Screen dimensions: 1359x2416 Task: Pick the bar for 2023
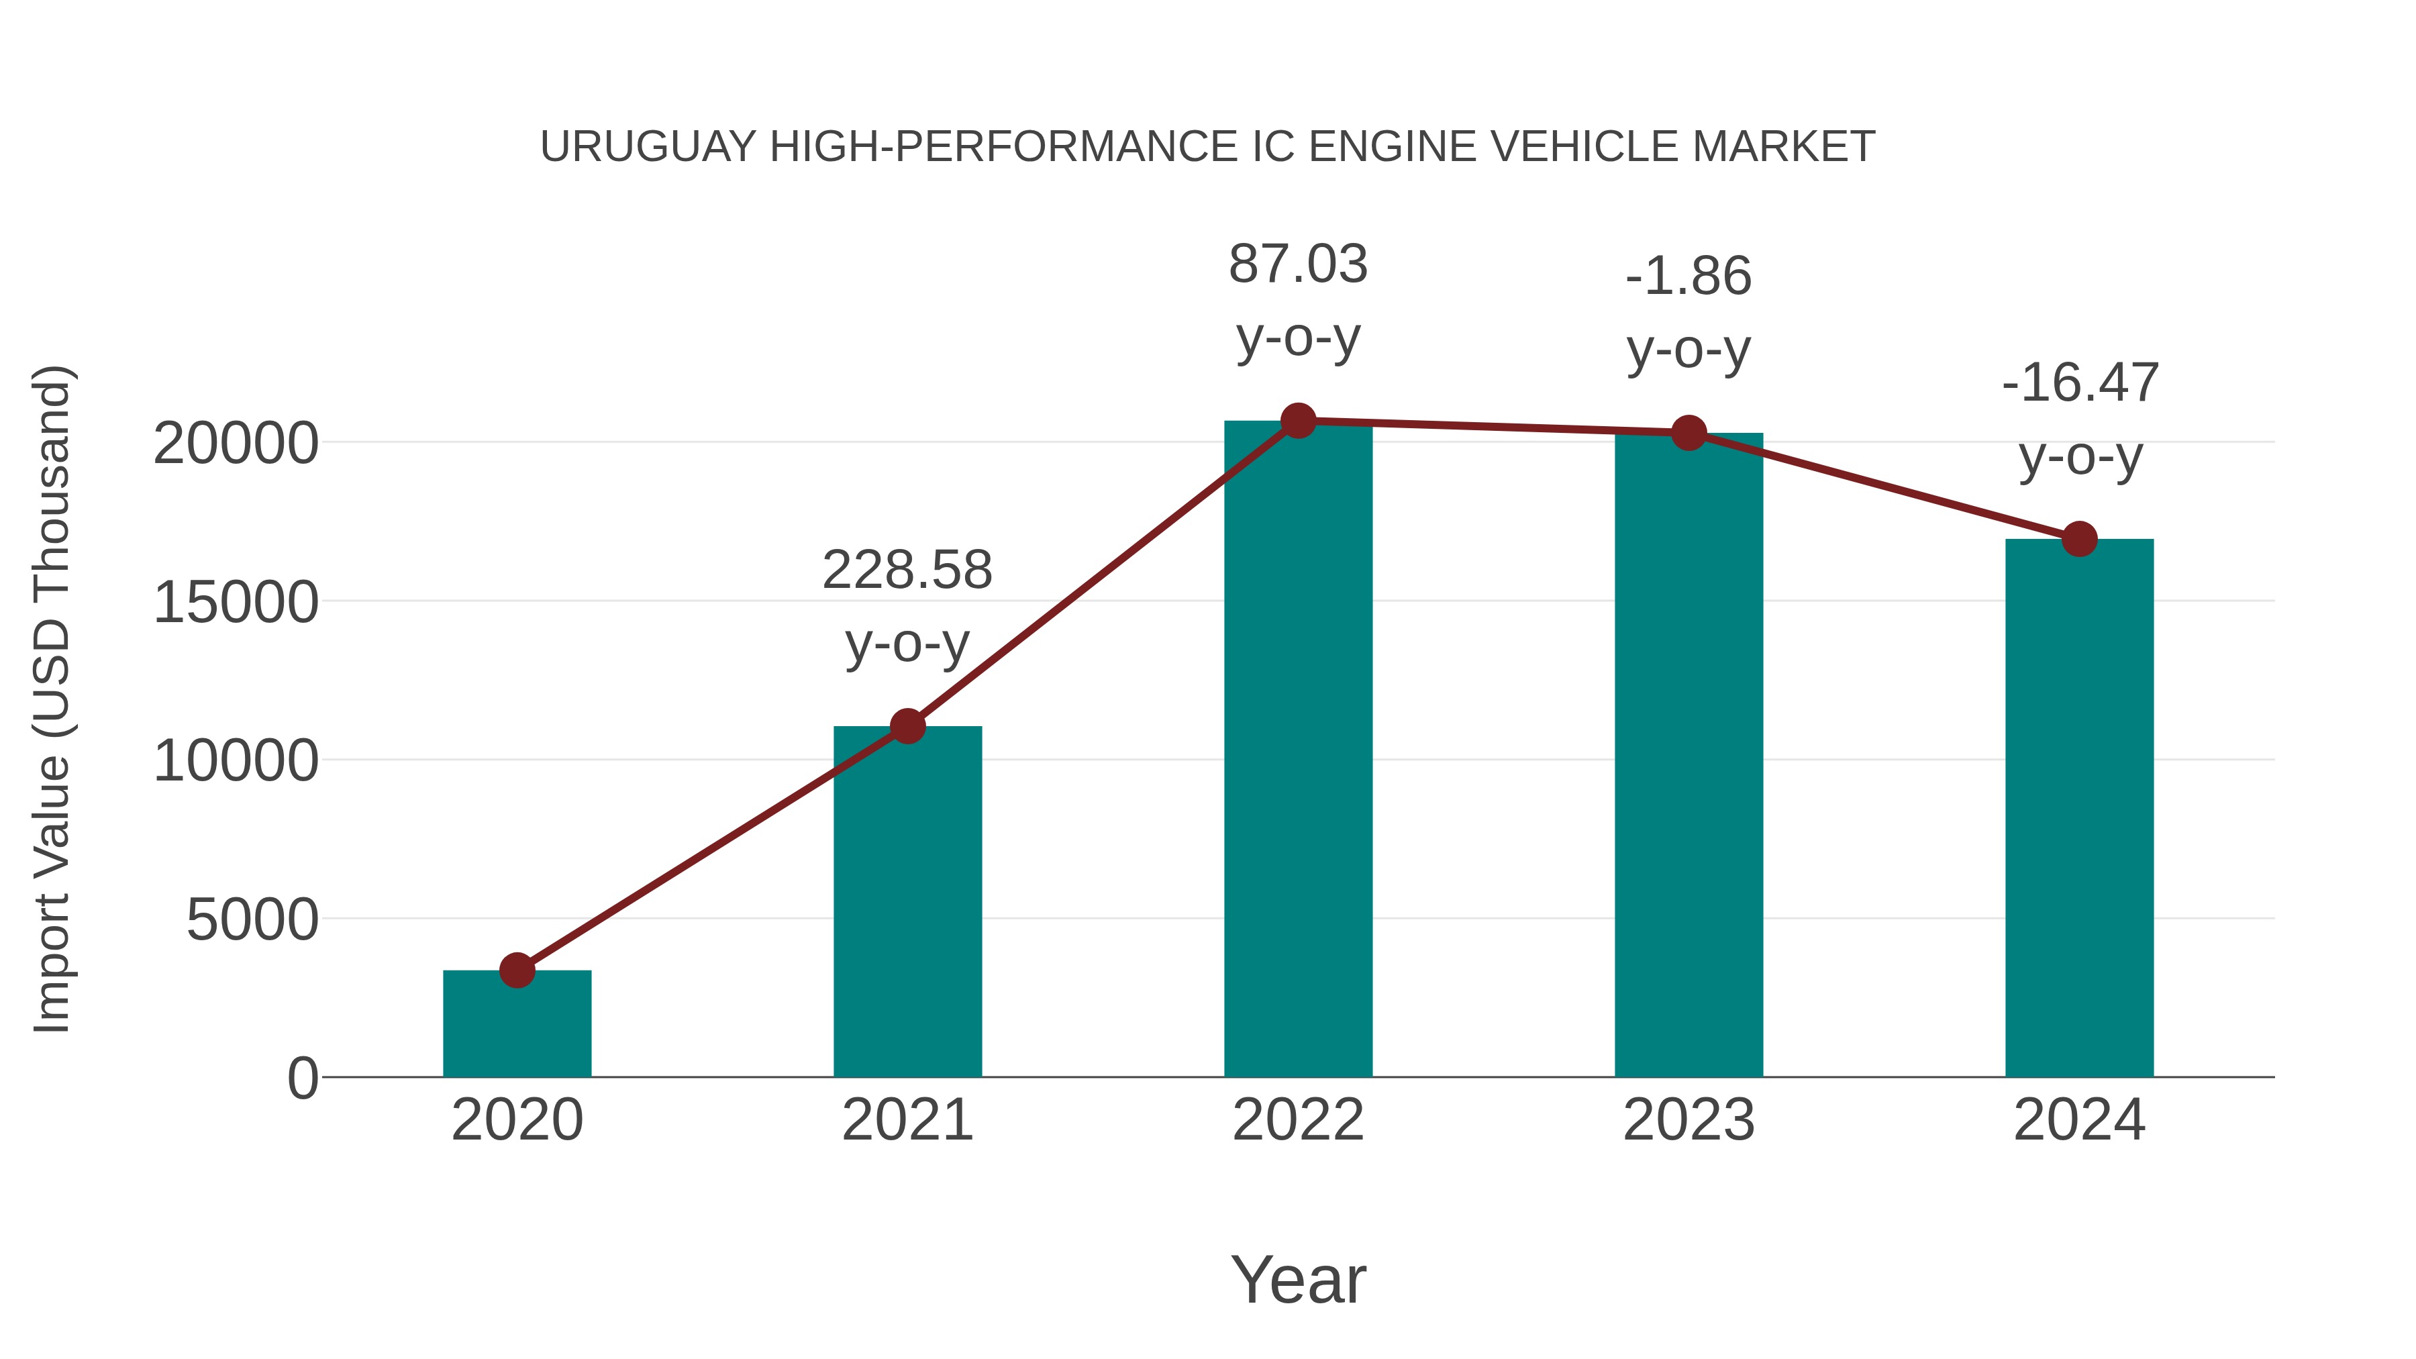click(x=1689, y=755)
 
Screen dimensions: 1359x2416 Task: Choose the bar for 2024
click(x=2079, y=807)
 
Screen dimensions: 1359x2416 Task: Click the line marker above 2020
click(x=517, y=970)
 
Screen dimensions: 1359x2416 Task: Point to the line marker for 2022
click(x=1298, y=421)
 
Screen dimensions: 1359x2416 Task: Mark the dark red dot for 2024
click(x=2079, y=540)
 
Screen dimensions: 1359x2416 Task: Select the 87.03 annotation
click(x=1298, y=264)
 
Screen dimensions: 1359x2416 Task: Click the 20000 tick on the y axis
click(x=236, y=444)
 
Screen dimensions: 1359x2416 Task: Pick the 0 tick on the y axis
click(x=302, y=1078)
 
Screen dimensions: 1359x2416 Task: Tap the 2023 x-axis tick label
click(x=1689, y=1121)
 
